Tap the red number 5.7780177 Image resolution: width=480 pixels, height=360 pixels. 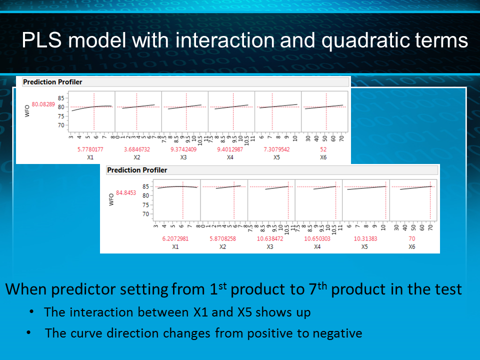(90, 149)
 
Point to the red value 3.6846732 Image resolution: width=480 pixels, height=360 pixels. (136, 149)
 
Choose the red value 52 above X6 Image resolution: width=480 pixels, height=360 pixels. (324, 149)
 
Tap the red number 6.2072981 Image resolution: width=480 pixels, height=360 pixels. (175, 238)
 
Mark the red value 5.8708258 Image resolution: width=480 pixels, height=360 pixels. (223, 238)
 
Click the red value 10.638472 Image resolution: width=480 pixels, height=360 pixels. (270, 238)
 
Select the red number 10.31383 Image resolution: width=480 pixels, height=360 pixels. (365, 238)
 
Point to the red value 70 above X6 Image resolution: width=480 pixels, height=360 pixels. (412, 238)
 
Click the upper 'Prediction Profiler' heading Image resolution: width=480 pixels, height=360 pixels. (52, 81)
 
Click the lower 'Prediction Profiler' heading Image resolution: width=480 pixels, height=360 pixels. (137, 170)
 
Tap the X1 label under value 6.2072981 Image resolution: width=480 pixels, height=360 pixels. (175, 246)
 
